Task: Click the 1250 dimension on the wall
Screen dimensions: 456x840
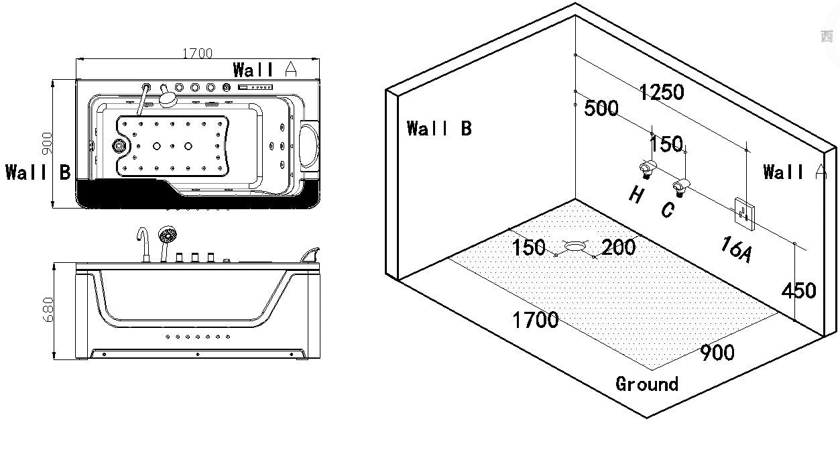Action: click(x=661, y=92)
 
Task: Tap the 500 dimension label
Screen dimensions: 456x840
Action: click(x=601, y=108)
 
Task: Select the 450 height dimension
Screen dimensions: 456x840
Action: click(x=798, y=290)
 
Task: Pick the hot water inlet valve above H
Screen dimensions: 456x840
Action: click(x=646, y=168)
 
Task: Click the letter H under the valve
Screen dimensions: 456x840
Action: click(x=636, y=195)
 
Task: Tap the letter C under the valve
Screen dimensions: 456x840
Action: click(x=666, y=210)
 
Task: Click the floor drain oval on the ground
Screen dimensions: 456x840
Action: click(x=575, y=246)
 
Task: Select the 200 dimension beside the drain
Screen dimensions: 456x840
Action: click(x=618, y=247)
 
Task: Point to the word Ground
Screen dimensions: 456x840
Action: click(x=647, y=384)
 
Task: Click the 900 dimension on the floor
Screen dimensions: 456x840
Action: click(x=717, y=353)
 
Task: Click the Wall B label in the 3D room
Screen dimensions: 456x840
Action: click(x=439, y=128)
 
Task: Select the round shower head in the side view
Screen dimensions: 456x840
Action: click(x=167, y=235)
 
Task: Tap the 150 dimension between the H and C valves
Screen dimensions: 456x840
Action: click(x=666, y=144)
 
